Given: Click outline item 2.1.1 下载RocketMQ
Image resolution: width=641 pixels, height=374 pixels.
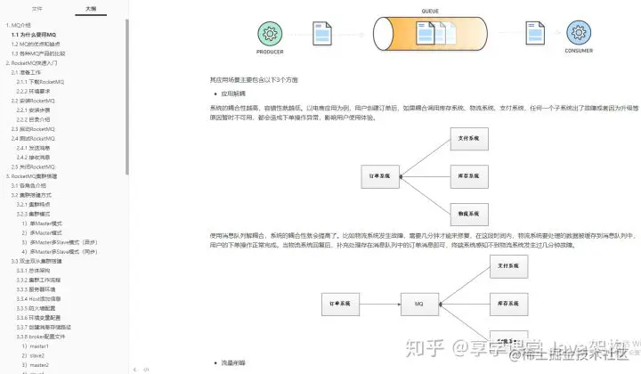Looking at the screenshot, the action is (x=41, y=81).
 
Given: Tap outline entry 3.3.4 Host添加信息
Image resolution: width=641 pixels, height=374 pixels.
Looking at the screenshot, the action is (x=43, y=297).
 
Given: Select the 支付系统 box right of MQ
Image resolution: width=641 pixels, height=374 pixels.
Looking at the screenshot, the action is (x=512, y=265).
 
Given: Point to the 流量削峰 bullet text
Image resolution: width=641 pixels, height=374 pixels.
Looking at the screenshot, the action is (x=235, y=363).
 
